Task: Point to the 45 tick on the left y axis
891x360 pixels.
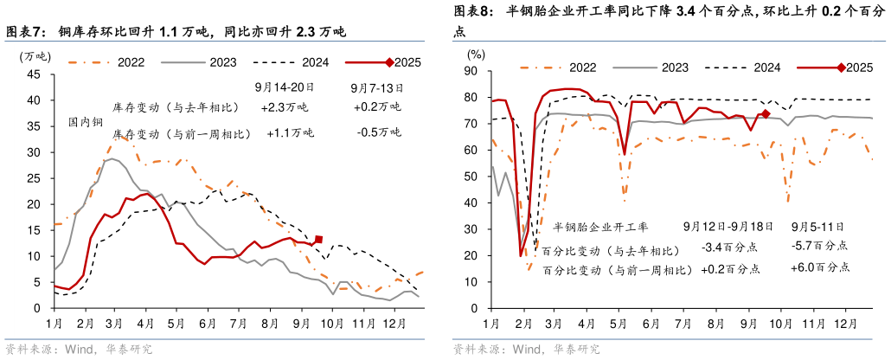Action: (x=34, y=74)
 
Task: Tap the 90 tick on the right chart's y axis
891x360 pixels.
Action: (x=473, y=73)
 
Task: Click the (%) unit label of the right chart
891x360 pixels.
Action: (x=476, y=54)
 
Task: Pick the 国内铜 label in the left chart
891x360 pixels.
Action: (x=86, y=123)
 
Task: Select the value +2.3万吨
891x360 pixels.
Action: (x=284, y=107)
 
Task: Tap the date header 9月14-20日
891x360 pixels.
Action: (x=284, y=87)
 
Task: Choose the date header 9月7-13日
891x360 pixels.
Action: (x=378, y=87)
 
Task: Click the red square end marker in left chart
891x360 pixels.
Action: (x=318, y=239)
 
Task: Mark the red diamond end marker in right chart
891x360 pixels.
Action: (x=766, y=114)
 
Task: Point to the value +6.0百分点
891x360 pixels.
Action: (x=820, y=268)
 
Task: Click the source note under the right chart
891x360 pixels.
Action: (x=527, y=350)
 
